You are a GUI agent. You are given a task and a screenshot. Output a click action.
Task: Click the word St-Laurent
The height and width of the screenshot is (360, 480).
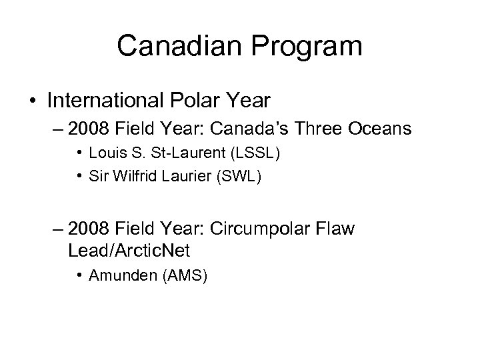[x=194, y=154]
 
